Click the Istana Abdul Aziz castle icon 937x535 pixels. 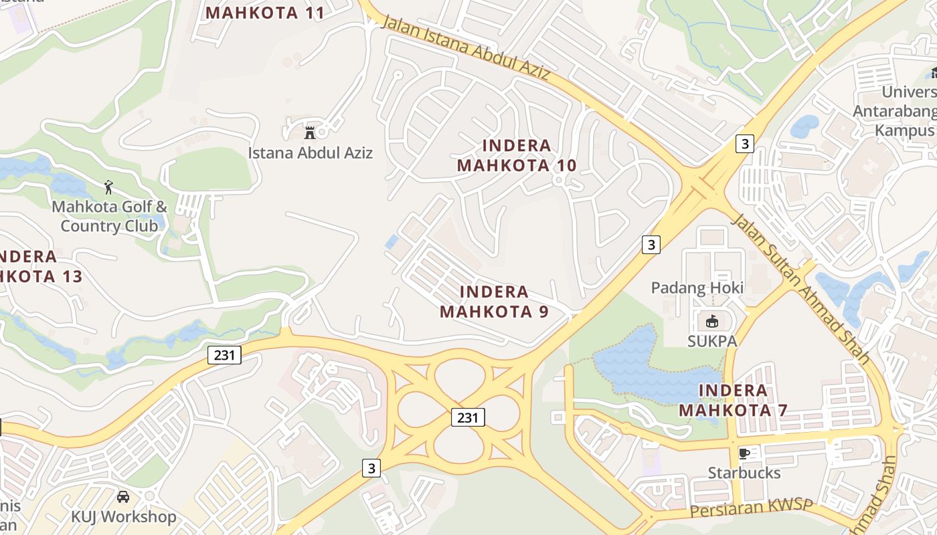(310, 131)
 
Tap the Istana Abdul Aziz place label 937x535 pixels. (311, 152)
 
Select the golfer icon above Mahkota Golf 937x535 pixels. (109, 187)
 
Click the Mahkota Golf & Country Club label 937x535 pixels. (109, 216)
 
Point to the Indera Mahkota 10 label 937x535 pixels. (517, 155)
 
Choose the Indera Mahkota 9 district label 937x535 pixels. (495, 302)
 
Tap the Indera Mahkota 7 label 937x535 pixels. (733, 400)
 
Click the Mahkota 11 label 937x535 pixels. (265, 13)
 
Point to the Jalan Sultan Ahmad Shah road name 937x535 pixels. (800, 288)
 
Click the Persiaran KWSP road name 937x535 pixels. (750, 508)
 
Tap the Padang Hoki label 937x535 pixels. (697, 288)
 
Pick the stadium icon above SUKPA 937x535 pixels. (711, 322)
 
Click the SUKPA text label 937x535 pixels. (712, 341)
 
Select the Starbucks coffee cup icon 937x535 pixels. (744, 453)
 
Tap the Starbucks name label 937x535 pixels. (744, 473)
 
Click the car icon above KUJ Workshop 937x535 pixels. (123, 496)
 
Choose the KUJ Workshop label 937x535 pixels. (124, 516)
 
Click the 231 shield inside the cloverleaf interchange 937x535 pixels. (467, 417)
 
